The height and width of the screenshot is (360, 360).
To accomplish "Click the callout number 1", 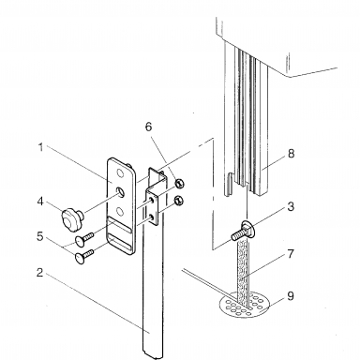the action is [x=40, y=147].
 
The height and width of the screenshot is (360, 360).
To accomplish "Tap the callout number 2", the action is [x=39, y=272].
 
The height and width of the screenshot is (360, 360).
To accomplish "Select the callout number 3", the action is [x=291, y=206].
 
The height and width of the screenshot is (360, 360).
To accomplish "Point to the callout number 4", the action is [x=40, y=202].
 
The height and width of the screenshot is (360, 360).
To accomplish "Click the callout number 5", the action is [x=39, y=236].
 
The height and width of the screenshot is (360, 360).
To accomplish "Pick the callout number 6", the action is [x=148, y=127].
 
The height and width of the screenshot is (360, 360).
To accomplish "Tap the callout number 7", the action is [x=291, y=254].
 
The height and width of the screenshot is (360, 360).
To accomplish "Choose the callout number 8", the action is [x=291, y=153].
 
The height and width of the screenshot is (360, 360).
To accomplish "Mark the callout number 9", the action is [x=291, y=295].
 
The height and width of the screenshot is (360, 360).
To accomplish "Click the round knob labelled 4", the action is [x=71, y=218].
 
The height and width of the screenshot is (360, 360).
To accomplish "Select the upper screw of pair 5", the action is [x=84, y=238].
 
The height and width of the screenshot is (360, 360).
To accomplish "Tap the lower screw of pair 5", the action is [x=84, y=256].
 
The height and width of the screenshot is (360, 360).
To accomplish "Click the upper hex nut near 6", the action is [x=179, y=184].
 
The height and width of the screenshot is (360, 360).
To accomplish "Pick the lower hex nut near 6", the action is [x=179, y=200].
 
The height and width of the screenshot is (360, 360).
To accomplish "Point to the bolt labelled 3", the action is [x=243, y=231].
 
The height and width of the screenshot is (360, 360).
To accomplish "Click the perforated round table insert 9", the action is [x=245, y=305].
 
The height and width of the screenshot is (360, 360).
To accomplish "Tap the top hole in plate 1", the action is [x=120, y=172].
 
